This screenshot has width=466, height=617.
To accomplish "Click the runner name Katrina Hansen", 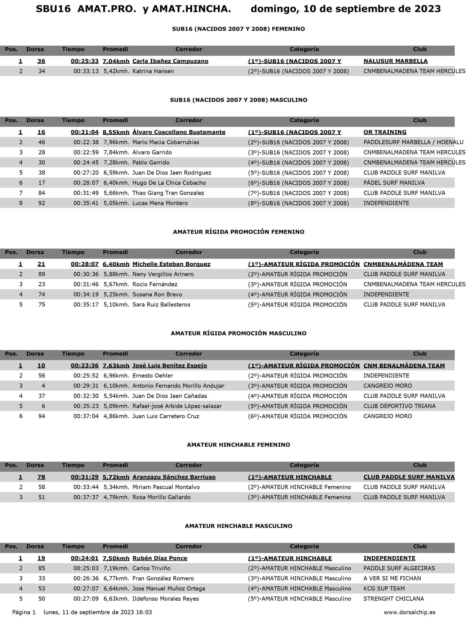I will click(153, 71).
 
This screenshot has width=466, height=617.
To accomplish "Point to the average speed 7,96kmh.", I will click(116, 142).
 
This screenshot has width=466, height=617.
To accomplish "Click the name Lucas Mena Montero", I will click(160, 203).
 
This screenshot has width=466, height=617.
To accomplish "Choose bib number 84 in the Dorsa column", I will click(41, 193).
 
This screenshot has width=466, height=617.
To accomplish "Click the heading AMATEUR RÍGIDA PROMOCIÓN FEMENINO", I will click(239, 232).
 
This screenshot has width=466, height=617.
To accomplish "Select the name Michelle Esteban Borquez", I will click(171, 264).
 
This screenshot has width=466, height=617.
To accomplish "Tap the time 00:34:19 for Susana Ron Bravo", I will click(86, 294).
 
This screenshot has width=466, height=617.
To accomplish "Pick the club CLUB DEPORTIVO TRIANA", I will click(399, 406).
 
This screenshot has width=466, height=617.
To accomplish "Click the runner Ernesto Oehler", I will click(153, 376).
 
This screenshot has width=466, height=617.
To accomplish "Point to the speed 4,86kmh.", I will click(116, 416).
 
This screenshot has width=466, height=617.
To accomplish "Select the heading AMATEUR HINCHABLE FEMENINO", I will click(239, 445).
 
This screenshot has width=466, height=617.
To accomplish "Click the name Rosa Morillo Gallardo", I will click(161, 497).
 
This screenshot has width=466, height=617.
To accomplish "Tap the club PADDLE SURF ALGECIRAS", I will click(399, 568).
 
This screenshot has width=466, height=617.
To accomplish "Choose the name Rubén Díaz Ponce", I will click(160, 558).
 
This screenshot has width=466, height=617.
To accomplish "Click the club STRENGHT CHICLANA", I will click(393, 599).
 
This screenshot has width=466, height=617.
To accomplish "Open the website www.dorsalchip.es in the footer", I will click(409, 612).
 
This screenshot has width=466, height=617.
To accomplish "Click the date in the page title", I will click(346, 9).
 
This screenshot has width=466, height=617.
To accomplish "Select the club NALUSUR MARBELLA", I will click(395, 61).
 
